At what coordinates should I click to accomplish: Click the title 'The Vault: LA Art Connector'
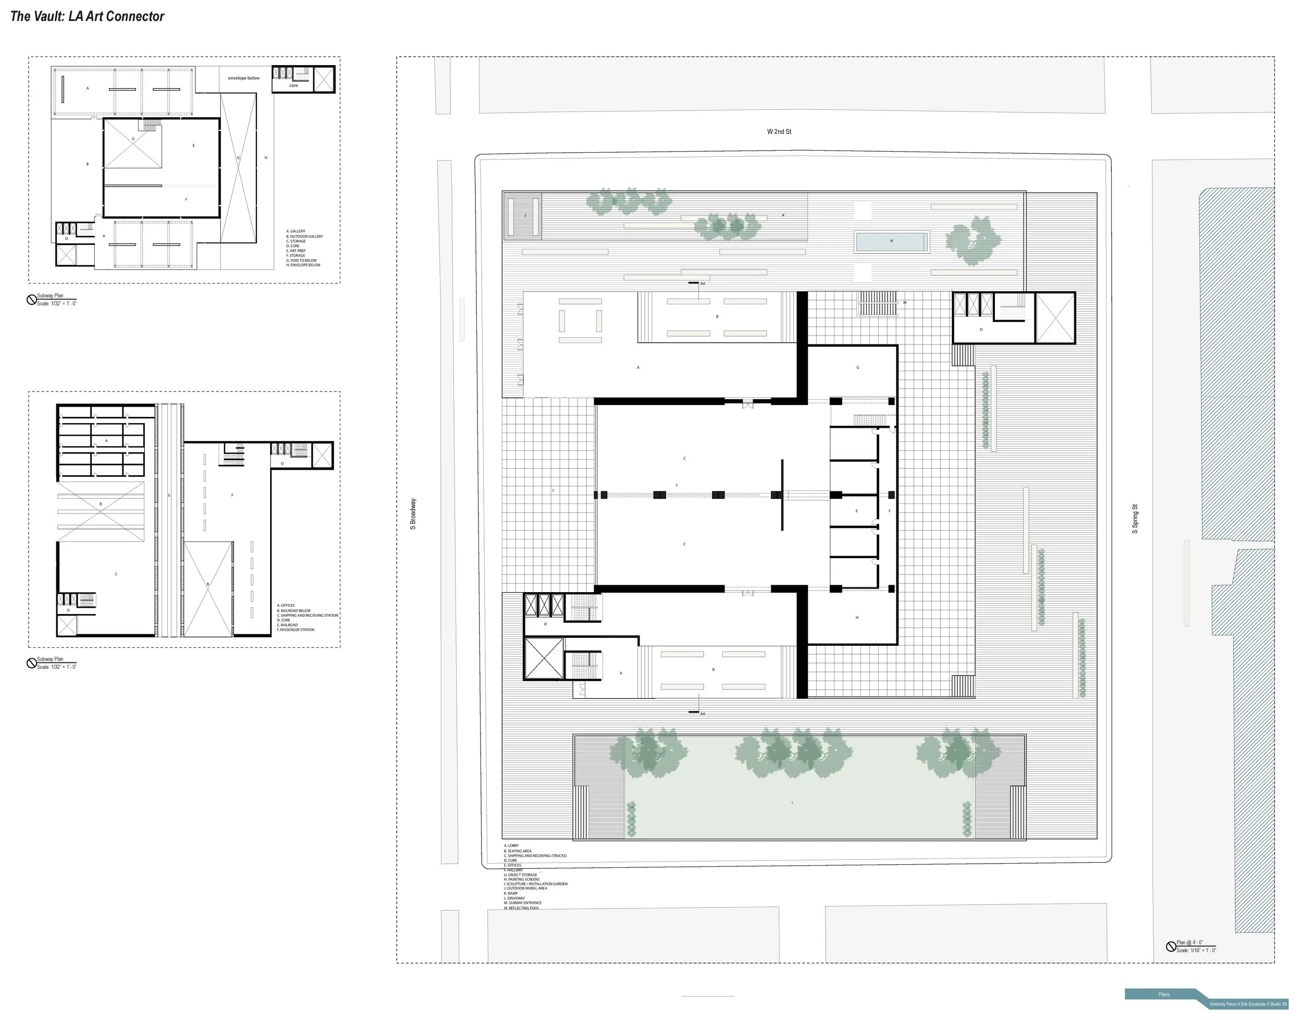[x=87, y=17]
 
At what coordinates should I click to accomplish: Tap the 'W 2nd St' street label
[x=779, y=131]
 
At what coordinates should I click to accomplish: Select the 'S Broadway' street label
[x=413, y=514]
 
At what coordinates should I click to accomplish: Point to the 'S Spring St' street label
[x=1135, y=519]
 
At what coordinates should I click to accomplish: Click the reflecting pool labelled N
[x=891, y=241]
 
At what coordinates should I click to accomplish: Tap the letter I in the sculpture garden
[x=792, y=803]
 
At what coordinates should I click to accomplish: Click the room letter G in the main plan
[x=857, y=367]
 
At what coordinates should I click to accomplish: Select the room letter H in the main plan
[x=856, y=618]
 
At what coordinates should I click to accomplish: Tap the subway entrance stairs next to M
[x=877, y=303]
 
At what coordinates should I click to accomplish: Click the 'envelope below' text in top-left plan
[x=243, y=78]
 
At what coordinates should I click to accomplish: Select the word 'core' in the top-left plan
[x=293, y=85]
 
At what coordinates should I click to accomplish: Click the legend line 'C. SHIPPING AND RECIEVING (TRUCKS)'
[x=535, y=856]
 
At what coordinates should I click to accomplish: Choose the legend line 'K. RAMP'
[x=511, y=893]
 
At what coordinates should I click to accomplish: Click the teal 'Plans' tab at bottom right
[x=1163, y=994]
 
